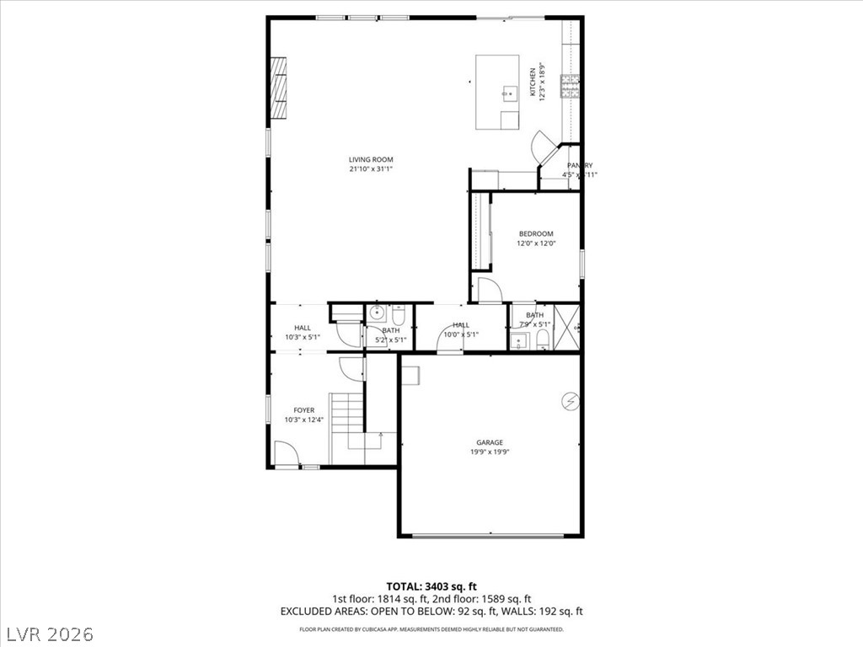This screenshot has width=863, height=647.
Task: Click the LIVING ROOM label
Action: [371, 159]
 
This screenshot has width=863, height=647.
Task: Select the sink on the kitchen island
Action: [508, 94]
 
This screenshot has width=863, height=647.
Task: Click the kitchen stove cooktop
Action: [571, 85]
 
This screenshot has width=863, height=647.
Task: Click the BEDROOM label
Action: [535, 233]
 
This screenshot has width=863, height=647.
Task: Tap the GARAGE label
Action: [489, 442]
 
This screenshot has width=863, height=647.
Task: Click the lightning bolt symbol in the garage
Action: [571, 402]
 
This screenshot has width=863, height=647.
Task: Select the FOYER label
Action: [303, 410]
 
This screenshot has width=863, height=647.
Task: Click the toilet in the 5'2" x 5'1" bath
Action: [398, 317]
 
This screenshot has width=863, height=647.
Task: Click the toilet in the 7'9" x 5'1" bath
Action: [543, 340]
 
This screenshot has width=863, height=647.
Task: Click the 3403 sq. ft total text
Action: [431, 586]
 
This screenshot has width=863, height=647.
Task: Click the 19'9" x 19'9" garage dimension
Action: [489, 452]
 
